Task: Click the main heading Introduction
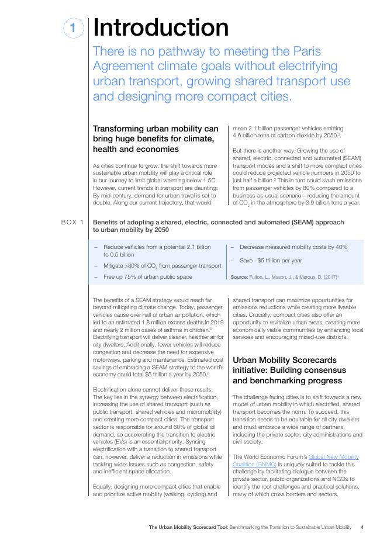point(161,28)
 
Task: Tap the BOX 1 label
point(72,223)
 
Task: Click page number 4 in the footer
point(362,527)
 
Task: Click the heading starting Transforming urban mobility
point(156,139)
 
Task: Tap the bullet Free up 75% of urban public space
point(147,277)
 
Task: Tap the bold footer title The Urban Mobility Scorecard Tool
point(188,527)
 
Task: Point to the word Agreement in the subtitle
point(128,65)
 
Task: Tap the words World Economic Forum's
point(272,457)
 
